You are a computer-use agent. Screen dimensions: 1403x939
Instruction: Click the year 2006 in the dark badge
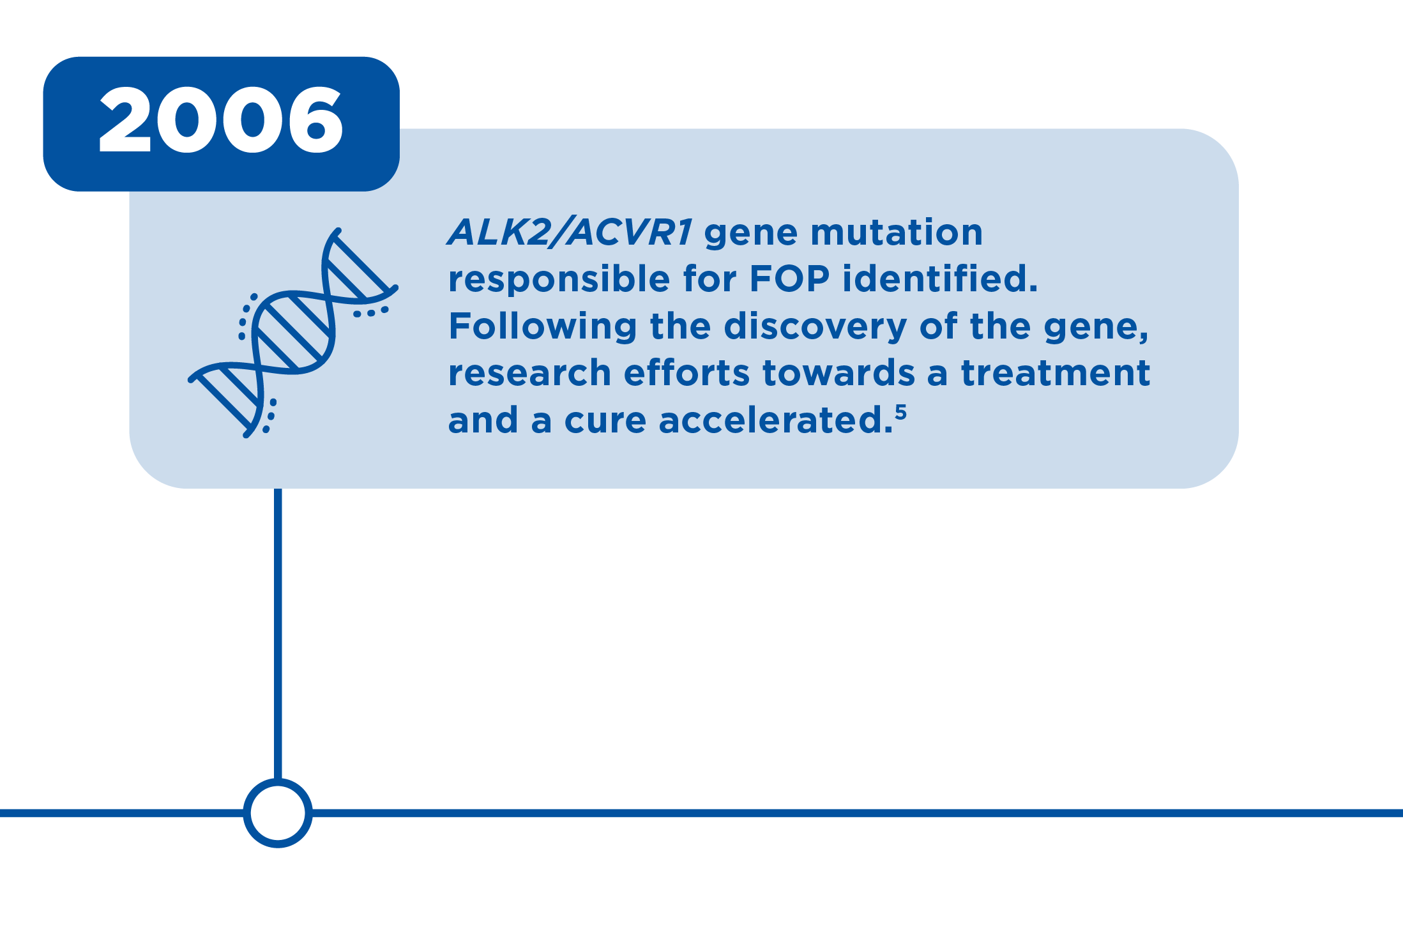coord(221,120)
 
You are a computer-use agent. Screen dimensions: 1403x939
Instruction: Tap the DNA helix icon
coord(293,333)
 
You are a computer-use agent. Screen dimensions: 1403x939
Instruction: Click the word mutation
coord(897,232)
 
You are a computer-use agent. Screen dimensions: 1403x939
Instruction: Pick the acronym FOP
coord(789,279)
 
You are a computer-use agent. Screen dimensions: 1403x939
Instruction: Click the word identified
coord(940,279)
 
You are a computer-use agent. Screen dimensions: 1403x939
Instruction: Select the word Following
coord(543,326)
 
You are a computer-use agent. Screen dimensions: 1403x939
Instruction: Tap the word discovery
coord(815,326)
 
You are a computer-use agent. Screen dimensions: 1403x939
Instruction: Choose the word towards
coord(838,373)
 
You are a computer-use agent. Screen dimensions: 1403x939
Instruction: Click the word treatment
coord(1056,373)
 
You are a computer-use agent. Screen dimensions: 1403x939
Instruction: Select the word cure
coord(605,421)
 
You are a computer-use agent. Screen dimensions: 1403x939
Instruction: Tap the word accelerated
coord(776,420)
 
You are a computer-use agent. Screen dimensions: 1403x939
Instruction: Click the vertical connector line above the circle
coord(278,634)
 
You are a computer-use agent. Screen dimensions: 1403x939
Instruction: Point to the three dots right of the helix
coord(371,312)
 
